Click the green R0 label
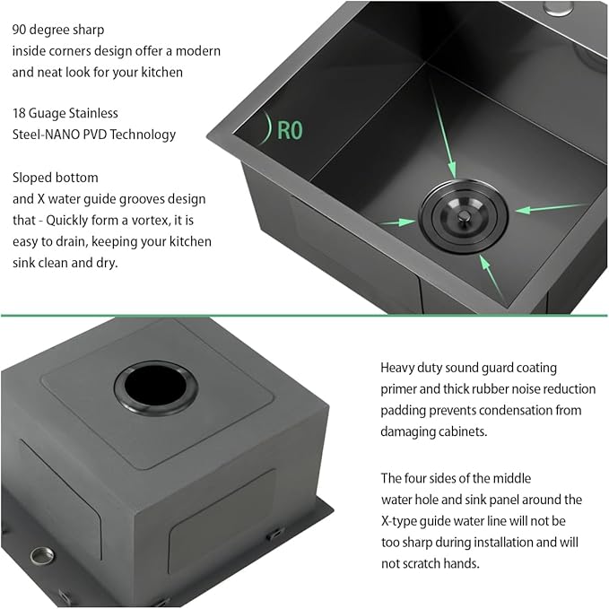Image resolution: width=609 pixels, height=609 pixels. coord(290,130)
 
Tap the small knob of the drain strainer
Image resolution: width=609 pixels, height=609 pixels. coord(463,216)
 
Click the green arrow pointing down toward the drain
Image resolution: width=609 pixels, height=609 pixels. coord(442,129)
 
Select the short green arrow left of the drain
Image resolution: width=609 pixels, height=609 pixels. coord(397,222)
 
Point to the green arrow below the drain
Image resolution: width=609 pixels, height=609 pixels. coord(491,276)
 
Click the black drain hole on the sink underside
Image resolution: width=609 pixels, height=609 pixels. coord(156,388)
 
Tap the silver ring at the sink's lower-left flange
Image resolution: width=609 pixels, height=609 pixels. coord(41,555)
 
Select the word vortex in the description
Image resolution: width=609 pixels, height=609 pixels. coord(151,221)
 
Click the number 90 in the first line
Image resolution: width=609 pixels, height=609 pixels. coord(19,30)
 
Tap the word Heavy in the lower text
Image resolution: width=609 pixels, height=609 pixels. coord(397,369)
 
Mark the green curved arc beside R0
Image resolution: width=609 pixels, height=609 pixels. coord(266,127)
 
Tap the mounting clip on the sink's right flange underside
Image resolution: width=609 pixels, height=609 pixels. coord(275,534)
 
